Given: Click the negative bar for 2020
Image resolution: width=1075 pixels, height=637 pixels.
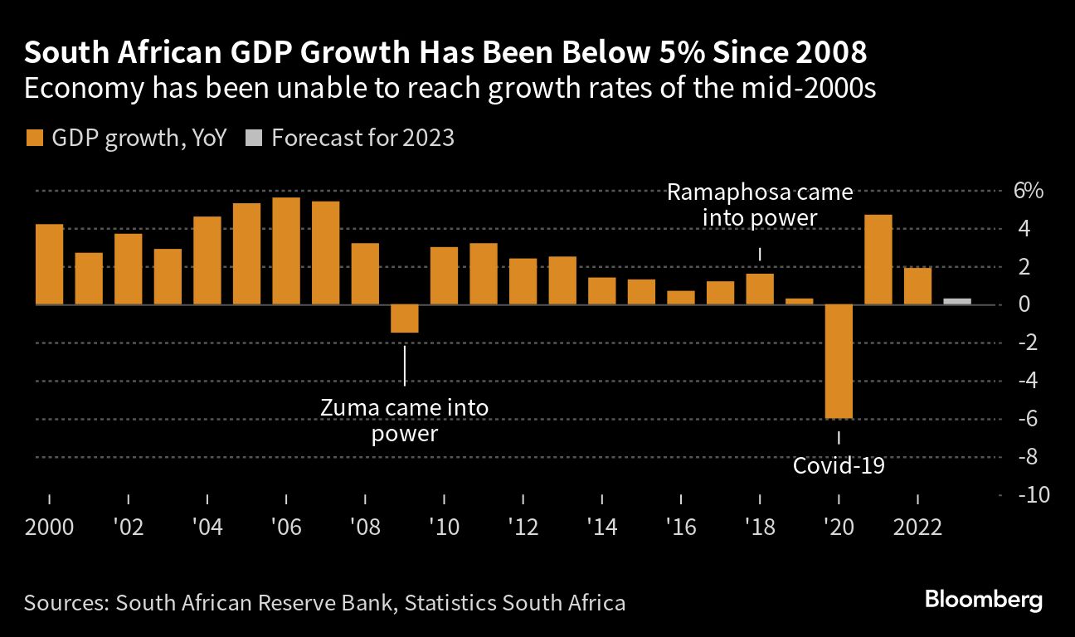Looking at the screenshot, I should [839, 362].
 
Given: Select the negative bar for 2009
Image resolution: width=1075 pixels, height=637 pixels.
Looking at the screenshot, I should [404, 319].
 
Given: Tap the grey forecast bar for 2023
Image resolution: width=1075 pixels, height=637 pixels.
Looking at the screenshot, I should [957, 301].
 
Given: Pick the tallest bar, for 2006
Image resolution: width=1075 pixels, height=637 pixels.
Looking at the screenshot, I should [286, 250].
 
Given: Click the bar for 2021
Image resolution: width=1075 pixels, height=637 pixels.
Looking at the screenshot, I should [878, 260].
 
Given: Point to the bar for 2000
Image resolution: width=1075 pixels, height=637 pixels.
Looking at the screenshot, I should [50, 265].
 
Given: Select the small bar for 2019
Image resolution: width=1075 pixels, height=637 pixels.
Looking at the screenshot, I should [800, 301].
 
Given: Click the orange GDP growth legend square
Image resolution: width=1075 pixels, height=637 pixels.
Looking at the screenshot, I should [34, 138].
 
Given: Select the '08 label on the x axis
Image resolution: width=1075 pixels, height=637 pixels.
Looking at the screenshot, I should [365, 528].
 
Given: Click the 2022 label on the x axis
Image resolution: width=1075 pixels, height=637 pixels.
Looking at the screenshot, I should [918, 528].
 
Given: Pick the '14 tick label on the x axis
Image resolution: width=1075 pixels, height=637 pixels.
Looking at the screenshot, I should [601, 528].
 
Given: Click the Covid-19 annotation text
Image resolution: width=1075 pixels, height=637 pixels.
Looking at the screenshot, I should [839, 465].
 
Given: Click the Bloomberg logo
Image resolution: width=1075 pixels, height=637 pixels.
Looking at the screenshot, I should [983, 601].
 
